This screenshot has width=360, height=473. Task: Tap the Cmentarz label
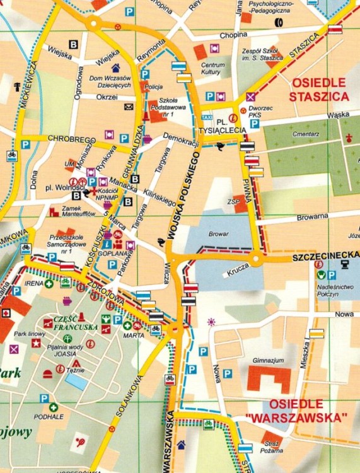click(x=304, y=134)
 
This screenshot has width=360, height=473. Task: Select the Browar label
click(x=219, y=233)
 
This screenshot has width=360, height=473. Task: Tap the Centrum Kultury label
click(x=212, y=69)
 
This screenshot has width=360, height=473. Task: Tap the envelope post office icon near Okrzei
click(x=129, y=107)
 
